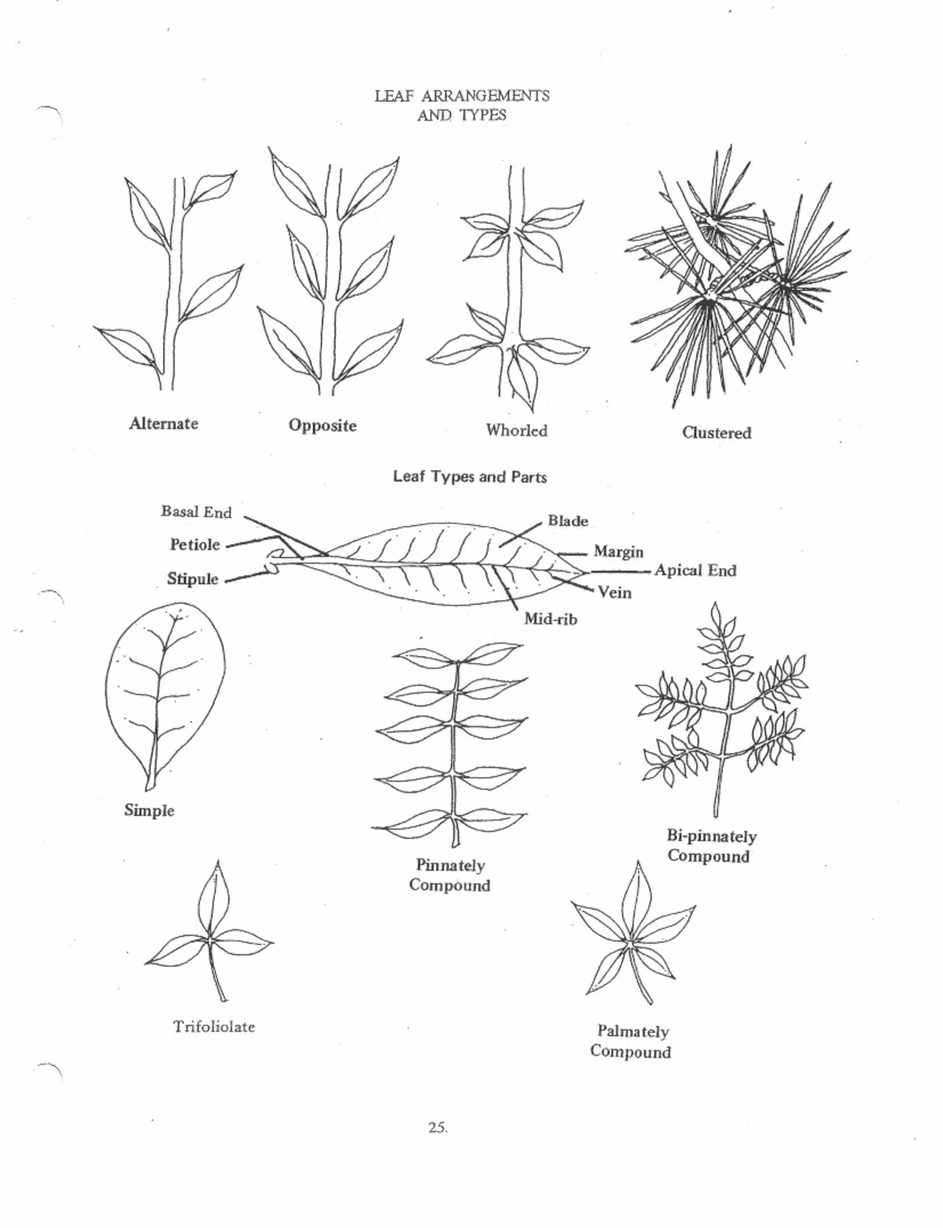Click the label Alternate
pos(163,423)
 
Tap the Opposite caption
pos(323,426)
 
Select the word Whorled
pos(516,431)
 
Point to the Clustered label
pos(717,433)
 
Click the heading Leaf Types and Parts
pos(470,477)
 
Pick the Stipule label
pos(192,579)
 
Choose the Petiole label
pos(195,544)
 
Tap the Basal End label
pos(196,511)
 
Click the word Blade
pos(568,521)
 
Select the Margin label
pos(618,552)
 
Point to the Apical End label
pos(695,570)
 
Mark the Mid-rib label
pos(551,619)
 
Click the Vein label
pos(615,593)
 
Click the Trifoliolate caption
pos(214,1027)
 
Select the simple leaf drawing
pos(165,696)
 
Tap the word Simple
pos(149,811)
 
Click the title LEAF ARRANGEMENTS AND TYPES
pos(461,105)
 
